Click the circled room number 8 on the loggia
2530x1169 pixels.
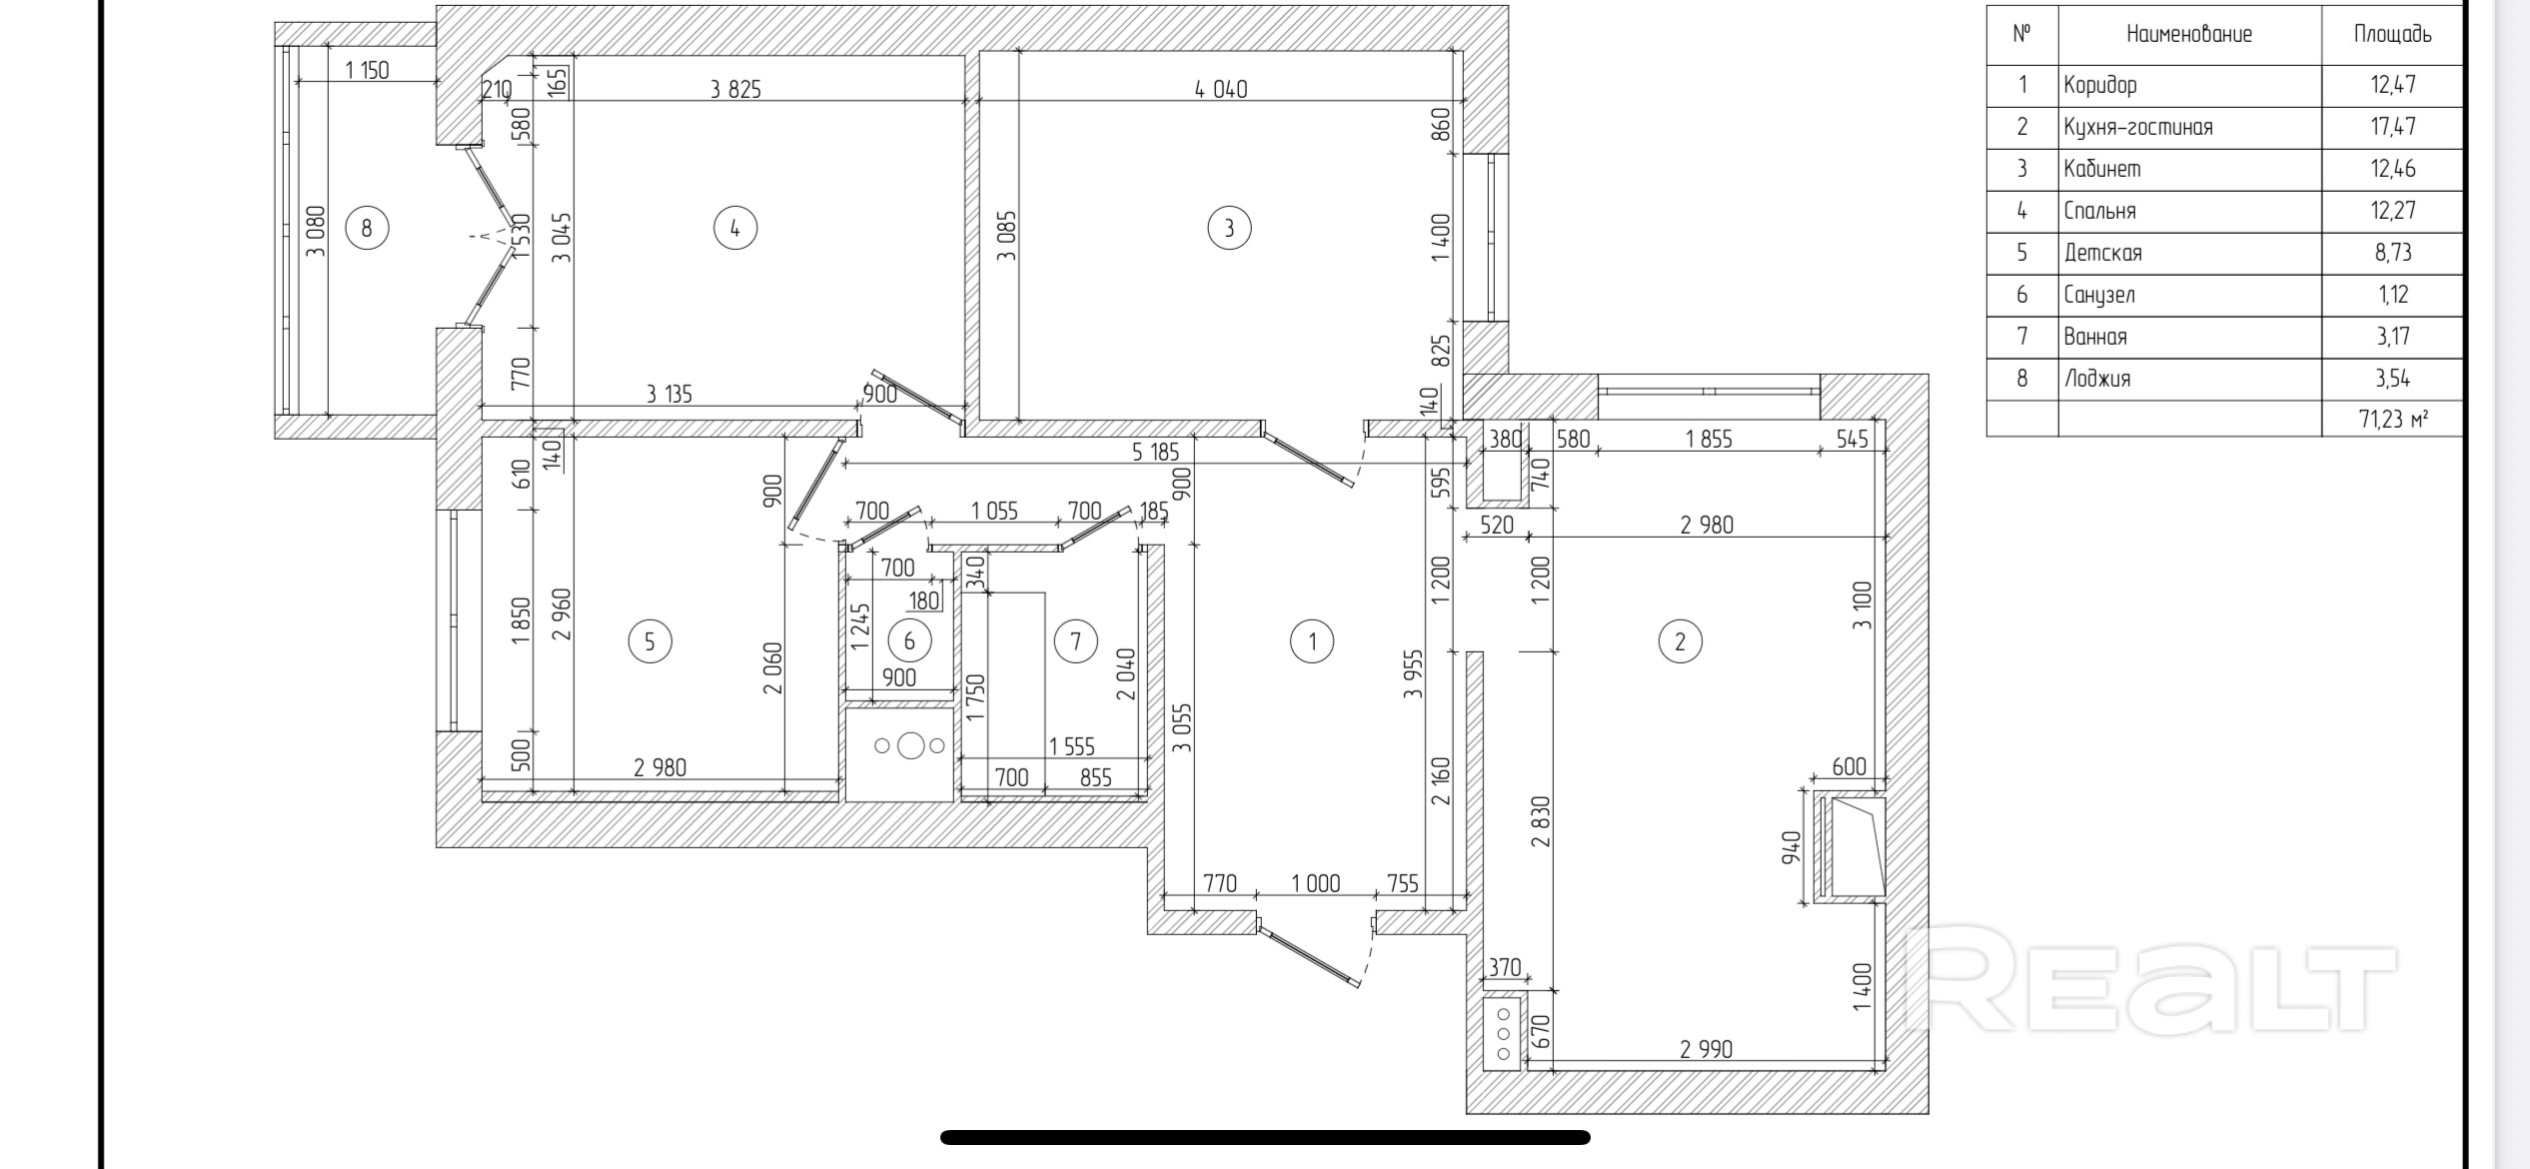[x=367, y=229]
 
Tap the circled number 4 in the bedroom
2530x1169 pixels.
[x=735, y=229]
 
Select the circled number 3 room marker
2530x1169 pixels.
[x=1229, y=229]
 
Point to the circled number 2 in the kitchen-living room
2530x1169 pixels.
[x=1680, y=641]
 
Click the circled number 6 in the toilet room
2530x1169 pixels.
[x=909, y=641]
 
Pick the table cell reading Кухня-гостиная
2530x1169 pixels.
[x=2138, y=127]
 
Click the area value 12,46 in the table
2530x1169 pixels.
[x=2393, y=169]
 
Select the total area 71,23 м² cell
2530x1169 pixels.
[x=2393, y=419]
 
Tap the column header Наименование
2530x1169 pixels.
[x=2189, y=34]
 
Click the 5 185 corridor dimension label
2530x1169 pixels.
[x=1155, y=452]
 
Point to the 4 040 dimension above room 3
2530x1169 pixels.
[x=1221, y=89]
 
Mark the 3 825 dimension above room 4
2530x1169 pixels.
[x=735, y=89]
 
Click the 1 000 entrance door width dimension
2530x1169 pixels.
[x=1316, y=883]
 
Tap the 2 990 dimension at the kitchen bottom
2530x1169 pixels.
[x=1707, y=1049]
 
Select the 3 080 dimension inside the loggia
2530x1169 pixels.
[x=316, y=231]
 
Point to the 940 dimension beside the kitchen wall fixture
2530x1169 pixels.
[x=1792, y=847]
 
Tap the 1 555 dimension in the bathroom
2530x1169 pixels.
[x=1071, y=746]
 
